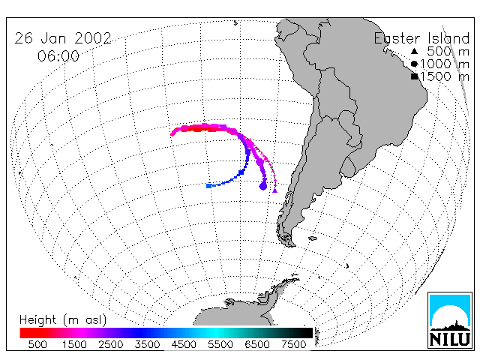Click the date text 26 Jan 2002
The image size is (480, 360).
pos(63,38)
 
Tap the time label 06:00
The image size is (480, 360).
pos(58,56)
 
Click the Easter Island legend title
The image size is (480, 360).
pos(421,38)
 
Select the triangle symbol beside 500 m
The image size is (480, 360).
pos(414,51)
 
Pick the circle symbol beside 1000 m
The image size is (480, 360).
pos(414,64)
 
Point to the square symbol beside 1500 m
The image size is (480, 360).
pos(414,76)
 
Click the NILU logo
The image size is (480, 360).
pos(450,320)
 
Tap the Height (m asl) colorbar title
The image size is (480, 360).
pos(63,320)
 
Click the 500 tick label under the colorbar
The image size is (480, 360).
pos(37,344)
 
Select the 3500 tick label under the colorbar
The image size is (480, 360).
pos(147,344)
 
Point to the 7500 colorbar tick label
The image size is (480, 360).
pos(293,344)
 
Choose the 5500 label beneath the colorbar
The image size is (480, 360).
pos(220,344)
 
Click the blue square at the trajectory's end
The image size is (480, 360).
pos(208,186)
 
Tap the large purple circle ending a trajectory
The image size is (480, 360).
pos(263,186)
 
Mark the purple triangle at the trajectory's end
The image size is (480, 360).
pos(275,190)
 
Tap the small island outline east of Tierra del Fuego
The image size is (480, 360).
pos(313,238)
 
